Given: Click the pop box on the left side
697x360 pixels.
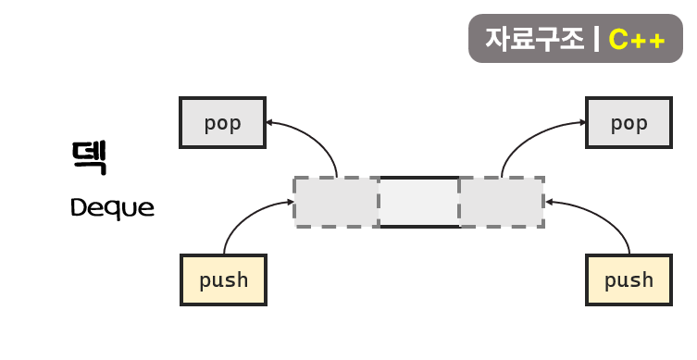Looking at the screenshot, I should tap(223, 122).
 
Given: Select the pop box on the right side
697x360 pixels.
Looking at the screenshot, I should tap(629, 122).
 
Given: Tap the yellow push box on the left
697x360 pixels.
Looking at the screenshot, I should tap(223, 279).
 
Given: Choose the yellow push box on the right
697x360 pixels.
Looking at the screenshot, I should tap(629, 279).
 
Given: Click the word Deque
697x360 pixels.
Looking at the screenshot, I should tap(112, 208).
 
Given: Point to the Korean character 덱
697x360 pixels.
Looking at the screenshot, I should tap(90, 157).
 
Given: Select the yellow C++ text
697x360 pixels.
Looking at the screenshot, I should tap(637, 40).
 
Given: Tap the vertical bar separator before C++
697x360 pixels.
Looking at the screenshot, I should tap(596, 39).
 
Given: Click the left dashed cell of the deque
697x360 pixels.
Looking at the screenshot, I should tap(337, 202).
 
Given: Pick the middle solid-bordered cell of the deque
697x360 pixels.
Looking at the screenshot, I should tap(419, 202).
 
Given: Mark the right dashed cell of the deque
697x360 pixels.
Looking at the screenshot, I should tap(501, 202).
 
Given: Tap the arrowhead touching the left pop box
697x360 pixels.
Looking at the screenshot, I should tap(269, 122).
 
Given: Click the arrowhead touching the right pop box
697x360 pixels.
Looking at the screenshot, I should tap(582, 121).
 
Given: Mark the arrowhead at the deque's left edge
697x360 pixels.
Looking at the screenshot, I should tap(290, 202).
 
